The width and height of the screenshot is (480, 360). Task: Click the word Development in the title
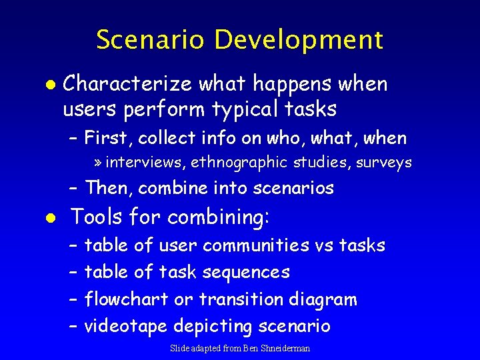point(299,40)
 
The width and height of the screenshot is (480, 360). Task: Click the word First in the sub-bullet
point(109,138)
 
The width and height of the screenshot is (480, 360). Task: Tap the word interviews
point(146,162)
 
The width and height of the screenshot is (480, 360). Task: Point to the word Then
point(109,188)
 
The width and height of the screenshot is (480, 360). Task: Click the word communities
point(255,245)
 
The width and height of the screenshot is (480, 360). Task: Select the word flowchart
point(126,299)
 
